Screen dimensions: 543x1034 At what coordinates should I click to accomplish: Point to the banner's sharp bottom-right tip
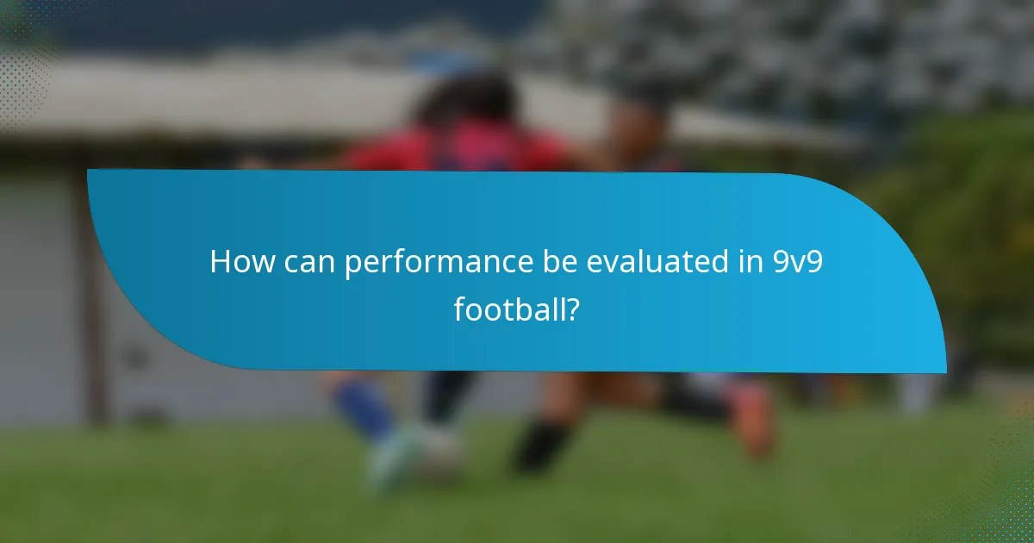click(x=944, y=371)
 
